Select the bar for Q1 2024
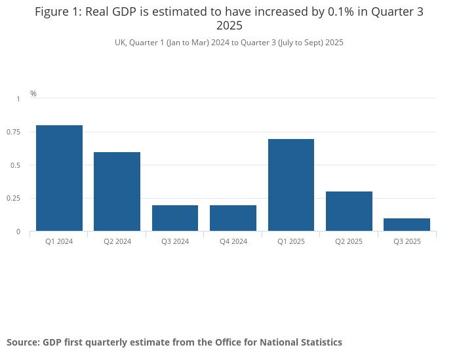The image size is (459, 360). [x=59, y=178]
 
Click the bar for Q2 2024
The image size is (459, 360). [x=117, y=191]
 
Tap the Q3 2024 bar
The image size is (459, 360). [x=175, y=218]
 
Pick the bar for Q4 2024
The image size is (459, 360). [x=233, y=218]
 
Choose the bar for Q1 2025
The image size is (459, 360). [x=291, y=185]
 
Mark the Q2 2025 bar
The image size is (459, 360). [x=349, y=211]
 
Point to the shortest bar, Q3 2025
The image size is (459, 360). [x=407, y=224]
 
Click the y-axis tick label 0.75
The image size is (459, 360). [x=14, y=132]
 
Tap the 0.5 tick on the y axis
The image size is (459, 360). [x=16, y=165]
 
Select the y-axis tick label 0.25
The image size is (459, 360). [x=14, y=198]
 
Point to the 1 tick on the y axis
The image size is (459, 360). [x=18, y=99]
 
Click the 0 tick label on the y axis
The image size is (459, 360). [x=18, y=231]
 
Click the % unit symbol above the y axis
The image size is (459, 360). [x=33, y=94]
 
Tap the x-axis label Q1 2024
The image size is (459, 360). [x=59, y=241]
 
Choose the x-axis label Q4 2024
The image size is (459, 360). [x=233, y=241]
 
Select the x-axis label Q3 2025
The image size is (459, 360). [x=407, y=241]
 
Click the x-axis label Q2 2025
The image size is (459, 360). [x=349, y=241]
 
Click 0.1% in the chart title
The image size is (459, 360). [x=325, y=12]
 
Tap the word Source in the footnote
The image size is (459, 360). [x=22, y=342]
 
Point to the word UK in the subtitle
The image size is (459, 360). [x=120, y=43]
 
